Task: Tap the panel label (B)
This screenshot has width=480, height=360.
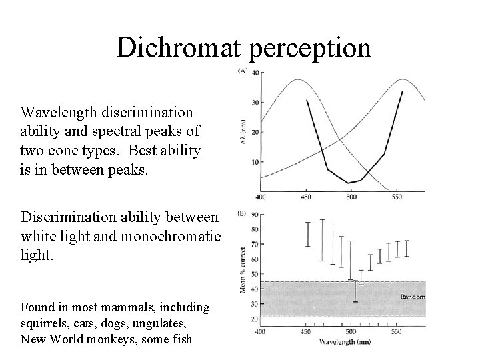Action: point(243,215)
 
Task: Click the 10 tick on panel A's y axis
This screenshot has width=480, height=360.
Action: point(253,162)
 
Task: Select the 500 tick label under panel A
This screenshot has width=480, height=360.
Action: point(351,197)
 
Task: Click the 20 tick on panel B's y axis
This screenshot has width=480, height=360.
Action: point(253,319)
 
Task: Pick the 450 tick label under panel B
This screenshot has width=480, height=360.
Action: point(306,331)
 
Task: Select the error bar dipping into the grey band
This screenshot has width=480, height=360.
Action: point(355,291)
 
